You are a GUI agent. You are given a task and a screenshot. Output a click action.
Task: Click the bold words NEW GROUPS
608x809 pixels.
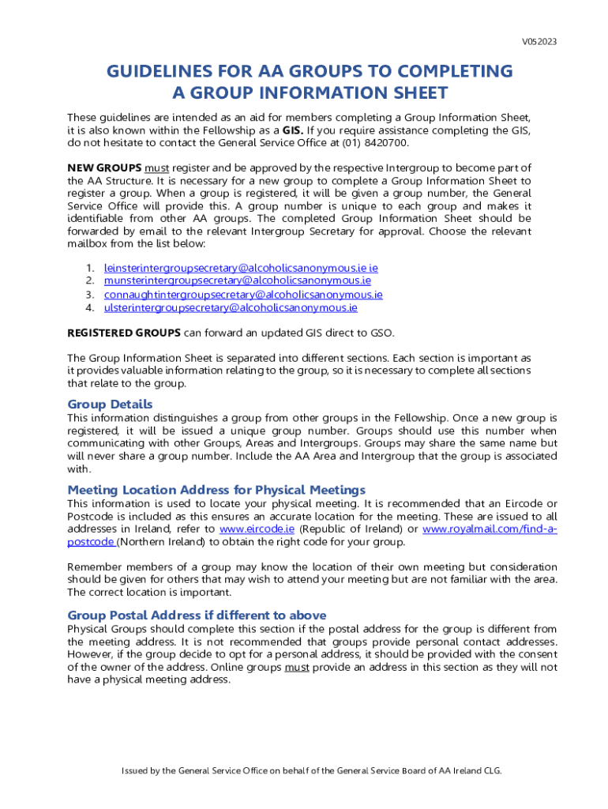click(x=104, y=167)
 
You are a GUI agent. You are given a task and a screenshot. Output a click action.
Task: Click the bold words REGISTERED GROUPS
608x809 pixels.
click(x=124, y=332)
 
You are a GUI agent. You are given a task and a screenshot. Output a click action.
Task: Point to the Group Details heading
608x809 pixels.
click(x=110, y=404)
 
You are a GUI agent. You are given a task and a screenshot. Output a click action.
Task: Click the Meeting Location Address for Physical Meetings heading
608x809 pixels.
click(x=216, y=490)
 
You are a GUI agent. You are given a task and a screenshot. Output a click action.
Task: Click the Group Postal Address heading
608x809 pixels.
click(x=197, y=615)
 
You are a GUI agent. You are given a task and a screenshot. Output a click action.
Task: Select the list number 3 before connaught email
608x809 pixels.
click(x=91, y=295)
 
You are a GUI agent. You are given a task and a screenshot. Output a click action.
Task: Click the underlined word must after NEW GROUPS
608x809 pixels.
click(x=157, y=167)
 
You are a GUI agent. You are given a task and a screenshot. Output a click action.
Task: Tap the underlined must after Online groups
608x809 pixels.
click(x=297, y=668)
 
